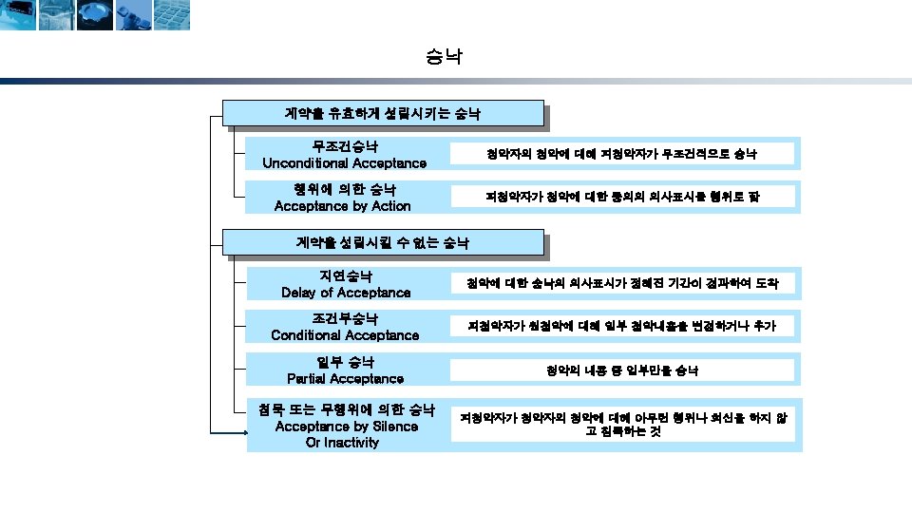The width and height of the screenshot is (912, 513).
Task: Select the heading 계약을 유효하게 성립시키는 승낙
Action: [x=382, y=113]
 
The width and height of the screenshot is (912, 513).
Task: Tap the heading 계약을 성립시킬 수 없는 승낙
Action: [x=382, y=243]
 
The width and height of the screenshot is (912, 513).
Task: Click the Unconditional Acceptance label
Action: [x=344, y=163]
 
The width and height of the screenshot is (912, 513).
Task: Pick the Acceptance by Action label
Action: [x=342, y=206]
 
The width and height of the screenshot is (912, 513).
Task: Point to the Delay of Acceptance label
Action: [x=346, y=293]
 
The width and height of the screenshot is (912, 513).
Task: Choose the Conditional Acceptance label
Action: [x=345, y=335]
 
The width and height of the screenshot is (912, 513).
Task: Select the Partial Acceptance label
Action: [x=345, y=379]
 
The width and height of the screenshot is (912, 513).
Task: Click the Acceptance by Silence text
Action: [x=346, y=427]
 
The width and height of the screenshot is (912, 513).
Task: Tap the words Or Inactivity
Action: [x=342, y=443]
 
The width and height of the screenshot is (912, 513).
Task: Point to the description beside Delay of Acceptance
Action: [x=622, y=283]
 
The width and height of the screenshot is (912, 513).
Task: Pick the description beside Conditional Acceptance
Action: [x=622, y=326]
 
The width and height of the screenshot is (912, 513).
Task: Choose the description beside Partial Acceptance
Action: [x=622, y=369]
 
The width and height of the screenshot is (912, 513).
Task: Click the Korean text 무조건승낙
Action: [x=345, y=146]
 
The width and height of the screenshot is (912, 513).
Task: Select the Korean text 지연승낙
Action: [x=346, y=275]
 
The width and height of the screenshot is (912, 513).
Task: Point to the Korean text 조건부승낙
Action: [x=345, y=318]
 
